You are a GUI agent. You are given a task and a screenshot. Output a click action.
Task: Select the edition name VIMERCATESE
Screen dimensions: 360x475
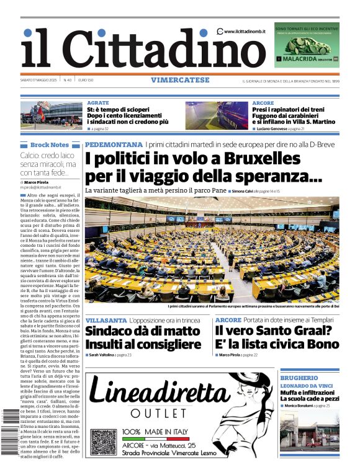tap(179, 80)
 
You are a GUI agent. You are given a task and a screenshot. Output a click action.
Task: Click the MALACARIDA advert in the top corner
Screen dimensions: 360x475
tap(307, 45)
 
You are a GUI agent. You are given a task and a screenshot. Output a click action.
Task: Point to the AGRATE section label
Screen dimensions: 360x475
tap(98, 102)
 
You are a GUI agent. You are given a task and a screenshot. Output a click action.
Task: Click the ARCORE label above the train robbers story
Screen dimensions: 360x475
tap(263, 102)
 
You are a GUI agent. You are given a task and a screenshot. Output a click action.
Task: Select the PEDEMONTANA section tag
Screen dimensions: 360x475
tap(114, 144)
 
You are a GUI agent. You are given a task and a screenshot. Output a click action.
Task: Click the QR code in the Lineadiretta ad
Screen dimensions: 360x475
tap(103, 442)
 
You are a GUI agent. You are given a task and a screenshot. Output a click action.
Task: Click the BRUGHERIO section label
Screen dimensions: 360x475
tap(299, 378)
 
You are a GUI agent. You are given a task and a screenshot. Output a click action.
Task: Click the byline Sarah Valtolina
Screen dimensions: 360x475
tap(102, 355)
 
